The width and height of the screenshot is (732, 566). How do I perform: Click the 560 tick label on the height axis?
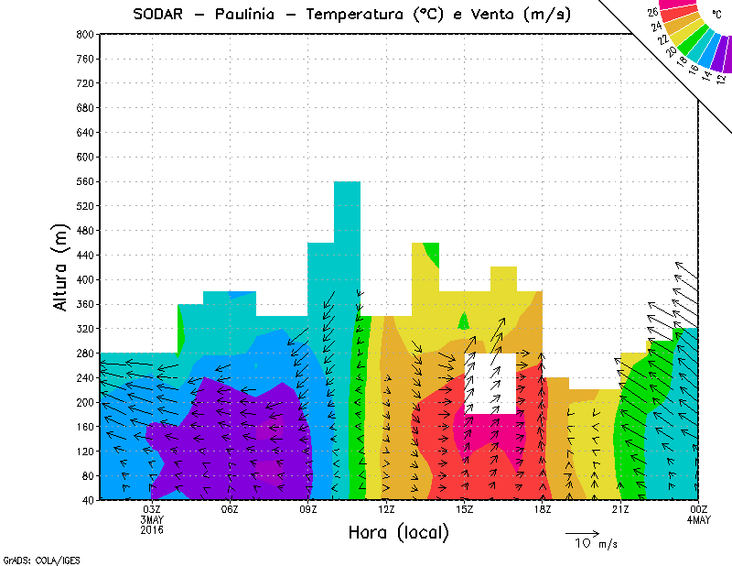(83, 181)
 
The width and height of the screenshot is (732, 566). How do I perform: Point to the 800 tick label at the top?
(83, 34)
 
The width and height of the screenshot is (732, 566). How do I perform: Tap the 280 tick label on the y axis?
(83, 353)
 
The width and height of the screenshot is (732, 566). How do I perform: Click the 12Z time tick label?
(386, 509)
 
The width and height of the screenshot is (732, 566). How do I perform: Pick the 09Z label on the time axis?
(308, 509)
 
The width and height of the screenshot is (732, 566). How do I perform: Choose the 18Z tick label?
(543, 509)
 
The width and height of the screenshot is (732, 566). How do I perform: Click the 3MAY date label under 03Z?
(152, 520)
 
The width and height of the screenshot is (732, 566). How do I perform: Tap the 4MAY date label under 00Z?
(698, 520)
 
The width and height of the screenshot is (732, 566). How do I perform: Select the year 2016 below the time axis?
(152, 530)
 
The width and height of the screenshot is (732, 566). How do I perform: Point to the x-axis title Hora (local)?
(398, 532)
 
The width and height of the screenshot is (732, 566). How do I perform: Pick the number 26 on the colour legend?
(654, 13)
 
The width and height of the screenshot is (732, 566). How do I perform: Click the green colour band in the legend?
(697, 44)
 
